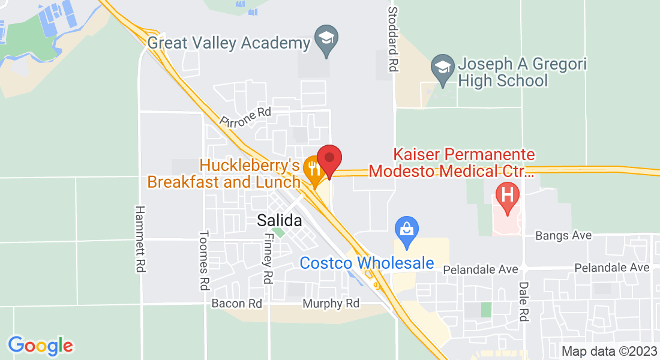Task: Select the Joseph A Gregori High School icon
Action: click(443, 67)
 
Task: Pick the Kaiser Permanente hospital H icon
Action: click(508, 196)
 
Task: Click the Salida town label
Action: click(280, 220)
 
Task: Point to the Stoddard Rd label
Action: click(393, 40)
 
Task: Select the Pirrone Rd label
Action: click(245, 116)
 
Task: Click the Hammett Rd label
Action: click(140, 239)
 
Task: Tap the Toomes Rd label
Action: click(204, 259)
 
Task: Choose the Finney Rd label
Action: click(267, 259)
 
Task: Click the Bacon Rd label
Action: click(237, 304)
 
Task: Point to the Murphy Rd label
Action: click(331, 304)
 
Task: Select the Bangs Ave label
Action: click(563, 236)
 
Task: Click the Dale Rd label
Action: click(523, 302)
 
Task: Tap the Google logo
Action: click(40, 346)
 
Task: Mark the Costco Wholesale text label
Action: click(367, 263)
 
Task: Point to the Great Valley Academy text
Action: click(229, 43)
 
